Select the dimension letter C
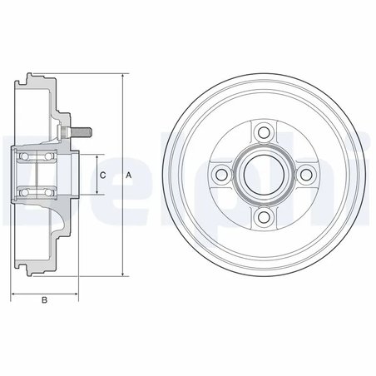coord(102,176)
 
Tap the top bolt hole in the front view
coord(265,131)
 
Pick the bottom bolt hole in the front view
coord(265,217)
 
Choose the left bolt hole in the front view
coord(221,174)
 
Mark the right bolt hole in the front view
coord(307,174)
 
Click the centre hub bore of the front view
coord(265,174)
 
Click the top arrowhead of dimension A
coord(122,76)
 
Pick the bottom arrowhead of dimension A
coord(122,275)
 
